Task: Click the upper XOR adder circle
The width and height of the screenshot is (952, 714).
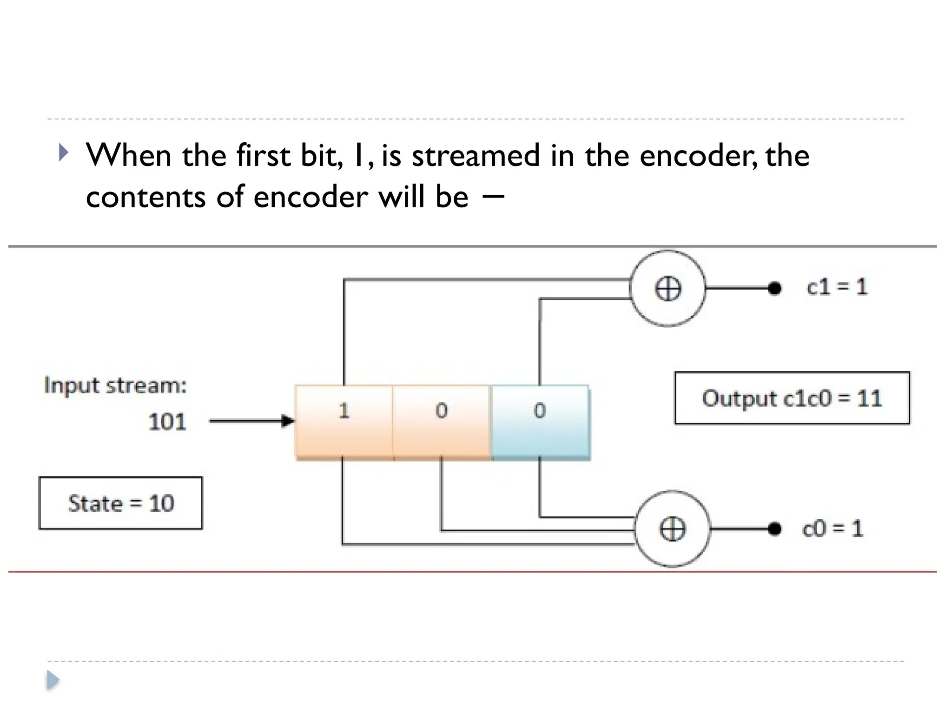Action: click(x=668, y=289)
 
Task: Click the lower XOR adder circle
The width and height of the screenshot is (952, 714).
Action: click(x=672, y=529)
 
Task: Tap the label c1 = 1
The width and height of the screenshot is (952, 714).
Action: click(x=837, y=287)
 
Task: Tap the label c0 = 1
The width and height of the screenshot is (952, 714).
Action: click(x=833, y=529)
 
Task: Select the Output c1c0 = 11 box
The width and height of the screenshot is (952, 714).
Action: click(x=792, y=398)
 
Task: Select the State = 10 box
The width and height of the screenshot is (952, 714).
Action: click(x=121, y=503)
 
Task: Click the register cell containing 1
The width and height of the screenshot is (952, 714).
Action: click(x=344, y=422)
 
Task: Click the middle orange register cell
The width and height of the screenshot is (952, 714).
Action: click(x=441, y=422)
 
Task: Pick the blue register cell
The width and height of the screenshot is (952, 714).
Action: click(x=540, y=422)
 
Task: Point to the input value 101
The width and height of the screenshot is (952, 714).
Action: click(x=167, y=422)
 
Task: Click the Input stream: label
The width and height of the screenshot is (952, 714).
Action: click(x=115, y=385)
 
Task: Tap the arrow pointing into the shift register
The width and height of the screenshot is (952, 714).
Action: click(x=251, y=421)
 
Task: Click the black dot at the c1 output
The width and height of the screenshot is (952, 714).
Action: click(x=774, y=289)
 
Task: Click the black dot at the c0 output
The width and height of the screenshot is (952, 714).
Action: click(x=774, y=529)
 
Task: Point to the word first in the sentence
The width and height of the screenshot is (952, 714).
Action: click(x=263, y=155)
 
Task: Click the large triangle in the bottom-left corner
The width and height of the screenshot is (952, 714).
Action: click(x=53, y=680)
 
